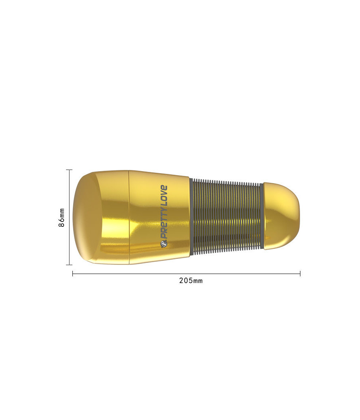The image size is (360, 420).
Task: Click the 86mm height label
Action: pyautogui.click(x=62, y=218)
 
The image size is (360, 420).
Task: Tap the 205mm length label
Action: pyautogui.click(x=191, y=281)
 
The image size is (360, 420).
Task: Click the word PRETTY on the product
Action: pyautogui.click(x=164, y=225)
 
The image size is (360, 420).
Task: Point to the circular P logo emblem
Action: pyautogui.click(x=164, y=244)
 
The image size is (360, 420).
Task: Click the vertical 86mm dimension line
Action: pyautogui.click(x=70, y=217)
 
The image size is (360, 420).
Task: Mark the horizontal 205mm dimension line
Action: pyautogui.click(x=186, y=274)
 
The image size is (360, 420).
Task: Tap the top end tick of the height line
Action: pyautogui.click(x=69, y=170)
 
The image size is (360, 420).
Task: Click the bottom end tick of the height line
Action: pyautogui.click(x=69, y=265)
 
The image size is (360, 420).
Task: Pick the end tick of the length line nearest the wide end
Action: pyautogui.click(x=72, y=274)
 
